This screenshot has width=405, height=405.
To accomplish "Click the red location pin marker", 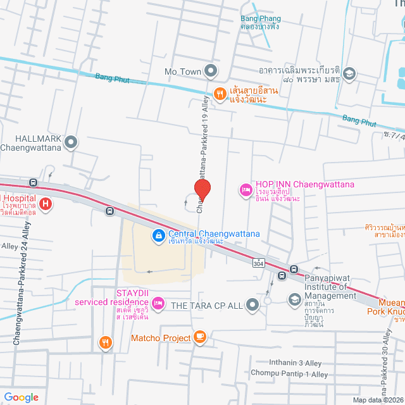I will (x=202, y=189).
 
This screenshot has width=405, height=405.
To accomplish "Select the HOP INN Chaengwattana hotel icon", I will (x=245, y=189).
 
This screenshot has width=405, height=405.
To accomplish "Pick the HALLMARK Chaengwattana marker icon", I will (x=71, y=143).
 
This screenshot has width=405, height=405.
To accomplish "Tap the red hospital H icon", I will (x=46, y=204).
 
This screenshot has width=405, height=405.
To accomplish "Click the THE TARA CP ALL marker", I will (x=252, y=306).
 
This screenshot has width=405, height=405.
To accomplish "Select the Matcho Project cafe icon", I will (x=201, y=337).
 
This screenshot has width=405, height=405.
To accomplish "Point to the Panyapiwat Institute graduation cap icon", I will (x=294, y=300).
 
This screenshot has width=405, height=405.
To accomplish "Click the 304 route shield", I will (x=258, y=262).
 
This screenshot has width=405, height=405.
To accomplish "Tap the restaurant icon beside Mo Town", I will (x=220, y=94).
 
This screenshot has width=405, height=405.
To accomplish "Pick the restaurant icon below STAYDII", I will (x=106, y=343).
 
